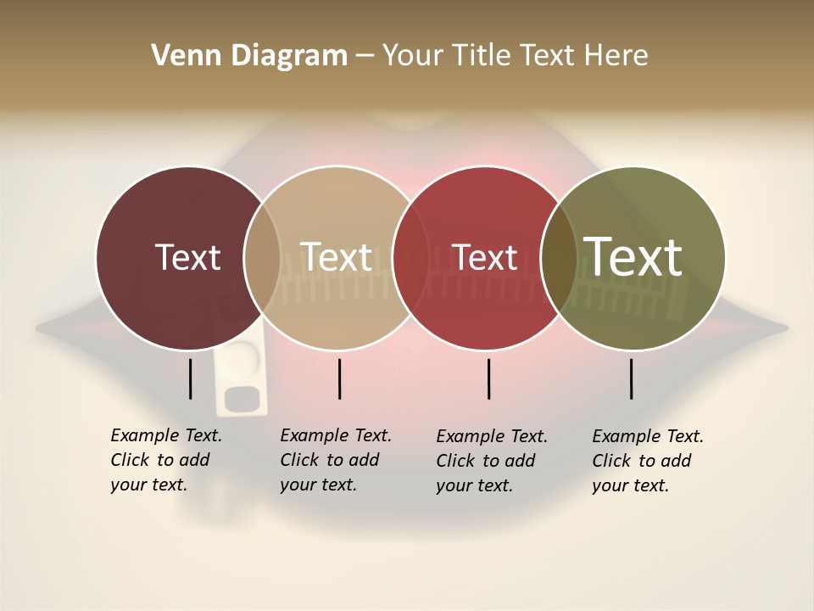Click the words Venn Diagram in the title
pos(249,56)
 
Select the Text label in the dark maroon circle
pos(187,257)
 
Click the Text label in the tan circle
pos(337,257)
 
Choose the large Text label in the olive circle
pos(633,256)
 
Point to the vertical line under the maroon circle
pos(191,378)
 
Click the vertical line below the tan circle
pos(339,378)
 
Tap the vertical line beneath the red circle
pos(489,378)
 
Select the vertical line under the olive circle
pos(632,378)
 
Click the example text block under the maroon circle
pos(166,460)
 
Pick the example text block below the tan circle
pos(336,460)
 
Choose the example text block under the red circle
pos(492,461)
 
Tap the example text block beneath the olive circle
pos(648,461)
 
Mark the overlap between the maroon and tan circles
pos(262,257)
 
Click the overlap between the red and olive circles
pos(556,257)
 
